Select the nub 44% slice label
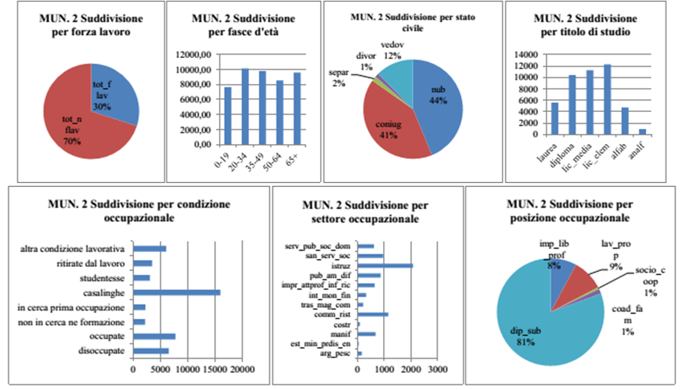pyautogui.click(x=438, y=95)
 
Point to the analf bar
pyautogui.click(x=641, y=132)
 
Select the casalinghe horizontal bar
pyautogui.click(x=176, y=292)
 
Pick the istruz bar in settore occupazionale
pyautogui.click(x=385, y=266)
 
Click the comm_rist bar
pyautogui.click(x=373, y=314)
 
